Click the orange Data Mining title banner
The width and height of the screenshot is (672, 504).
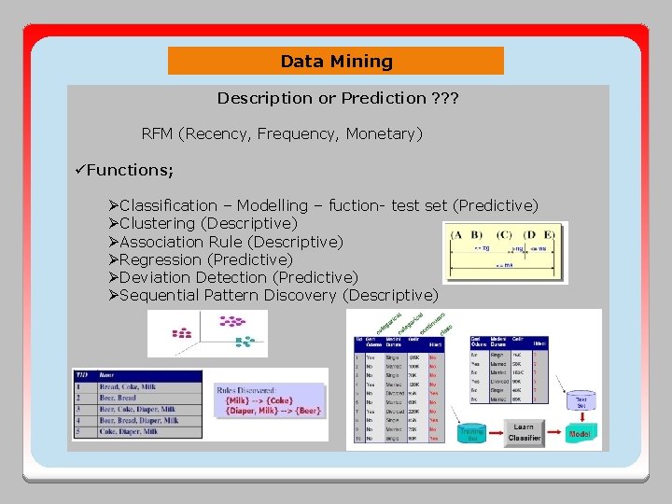click(x=336, y=62)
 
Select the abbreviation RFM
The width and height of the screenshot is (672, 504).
click(x=157, y=134)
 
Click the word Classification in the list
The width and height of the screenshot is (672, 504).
click(x=168, y=205)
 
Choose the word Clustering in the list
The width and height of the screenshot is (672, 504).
click(x=159, y=223)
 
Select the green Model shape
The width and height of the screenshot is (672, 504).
click(x=580, y=435)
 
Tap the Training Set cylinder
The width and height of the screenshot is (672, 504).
click(x=471, y=433)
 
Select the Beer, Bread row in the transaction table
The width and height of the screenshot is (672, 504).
click(x=137, y=398)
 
